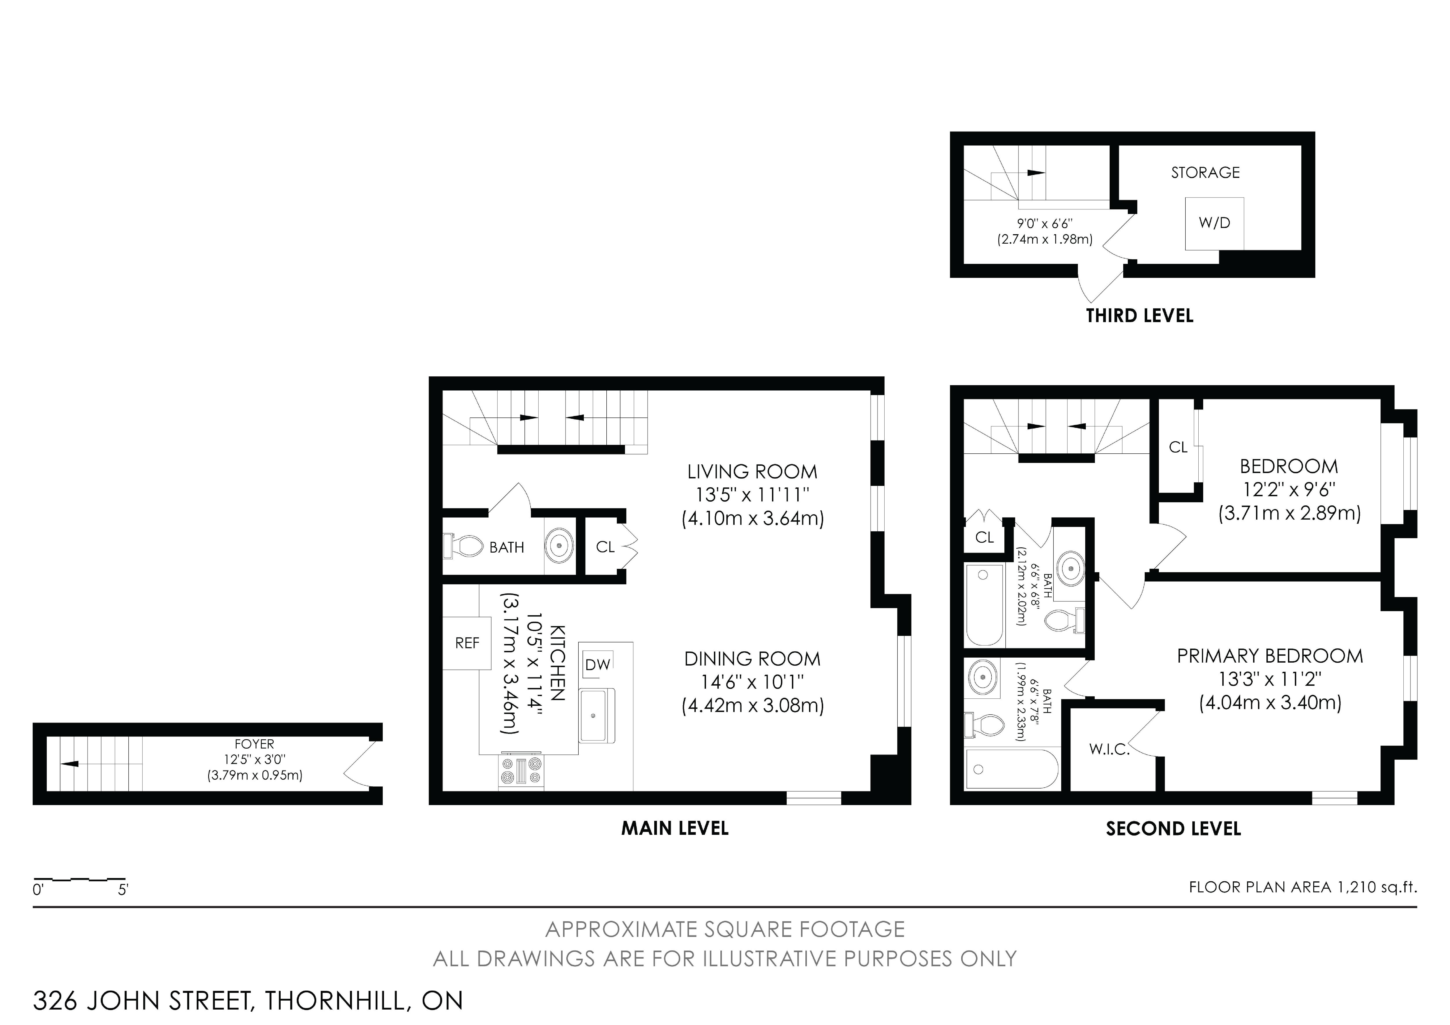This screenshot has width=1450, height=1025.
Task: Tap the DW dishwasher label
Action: pos(597,664)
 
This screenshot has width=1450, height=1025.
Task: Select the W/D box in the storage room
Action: pos(1214,223)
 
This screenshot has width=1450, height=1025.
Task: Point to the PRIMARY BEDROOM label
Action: pos(1270,656)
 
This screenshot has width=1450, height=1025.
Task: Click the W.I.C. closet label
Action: pos(1109,750)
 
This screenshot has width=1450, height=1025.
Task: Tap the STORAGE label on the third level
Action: pos(1205,172)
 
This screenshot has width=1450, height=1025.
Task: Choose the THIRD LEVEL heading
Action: pos(1139,316)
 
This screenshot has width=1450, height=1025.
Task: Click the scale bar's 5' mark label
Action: pos(123,890)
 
